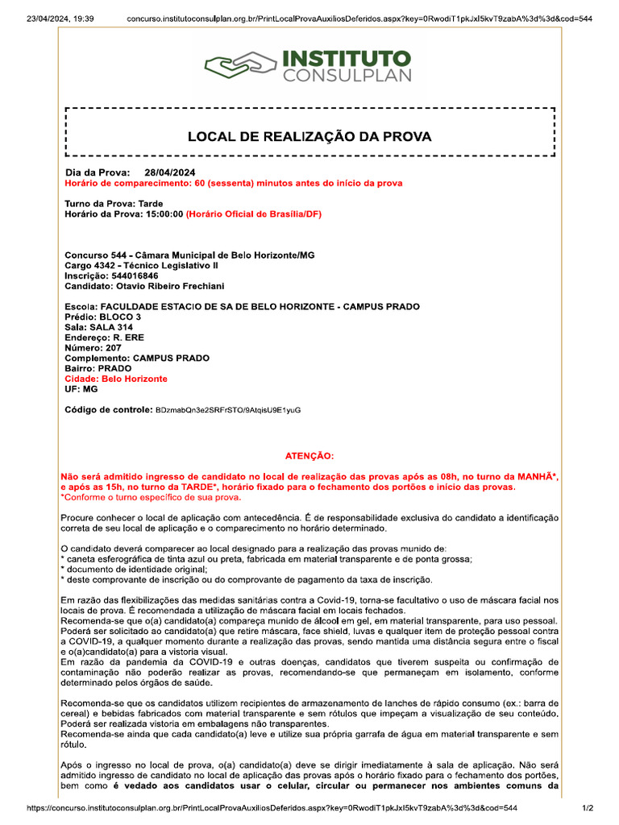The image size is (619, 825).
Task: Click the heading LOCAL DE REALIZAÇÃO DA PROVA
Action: [x=309, y=137]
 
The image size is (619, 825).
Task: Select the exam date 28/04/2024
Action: [x=169, y=172]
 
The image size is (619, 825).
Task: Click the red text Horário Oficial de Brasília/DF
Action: [x=254, y=214]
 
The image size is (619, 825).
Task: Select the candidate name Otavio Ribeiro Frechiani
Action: [x=172, y=286]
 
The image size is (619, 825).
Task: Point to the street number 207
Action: [x=113, y=348]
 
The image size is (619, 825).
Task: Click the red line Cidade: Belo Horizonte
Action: [x=116, y=379]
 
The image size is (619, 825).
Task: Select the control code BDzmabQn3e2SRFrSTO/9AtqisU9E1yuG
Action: [x=228, y=410]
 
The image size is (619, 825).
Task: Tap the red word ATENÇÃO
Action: [x=309, y=456]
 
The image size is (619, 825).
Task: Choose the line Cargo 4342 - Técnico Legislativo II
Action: [x=141, y=265]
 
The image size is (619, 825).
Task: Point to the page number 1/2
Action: [x=588, y=808]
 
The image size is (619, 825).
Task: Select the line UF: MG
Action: [x=81, y=389]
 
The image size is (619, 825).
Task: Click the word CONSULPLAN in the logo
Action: [x=347, y=77]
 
